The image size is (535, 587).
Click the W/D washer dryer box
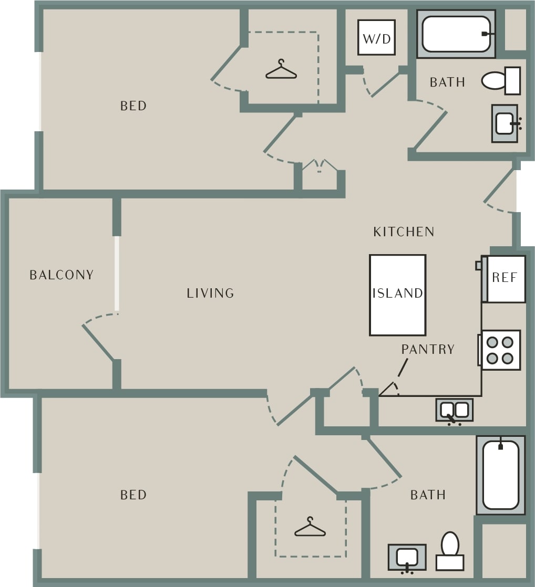pos(376,37)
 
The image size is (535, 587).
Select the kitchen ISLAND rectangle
pos(397,295)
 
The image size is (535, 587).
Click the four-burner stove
pos(500,350)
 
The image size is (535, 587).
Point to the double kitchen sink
pos(454,410)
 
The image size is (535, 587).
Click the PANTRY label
pos(428,349)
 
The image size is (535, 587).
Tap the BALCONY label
pos(61,275)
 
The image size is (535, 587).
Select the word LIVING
pos(210,293)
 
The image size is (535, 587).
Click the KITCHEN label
pos(404,232)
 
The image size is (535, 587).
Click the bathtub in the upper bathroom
pos(456,34)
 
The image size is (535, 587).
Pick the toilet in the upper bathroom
pos(500,80)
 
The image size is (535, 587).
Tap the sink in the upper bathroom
pos(505,123)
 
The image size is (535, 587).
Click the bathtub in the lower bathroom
pos(500,475)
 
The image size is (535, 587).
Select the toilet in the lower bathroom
pos(450,551)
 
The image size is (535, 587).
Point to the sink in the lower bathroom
pos(407,557)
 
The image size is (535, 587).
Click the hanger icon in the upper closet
pos(281,70)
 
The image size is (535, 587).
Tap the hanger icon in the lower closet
pos(310,527)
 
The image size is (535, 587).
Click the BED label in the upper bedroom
pos(133,106)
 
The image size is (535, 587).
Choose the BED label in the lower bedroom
pos(133,495)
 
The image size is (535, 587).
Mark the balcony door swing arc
pos(97,318)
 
